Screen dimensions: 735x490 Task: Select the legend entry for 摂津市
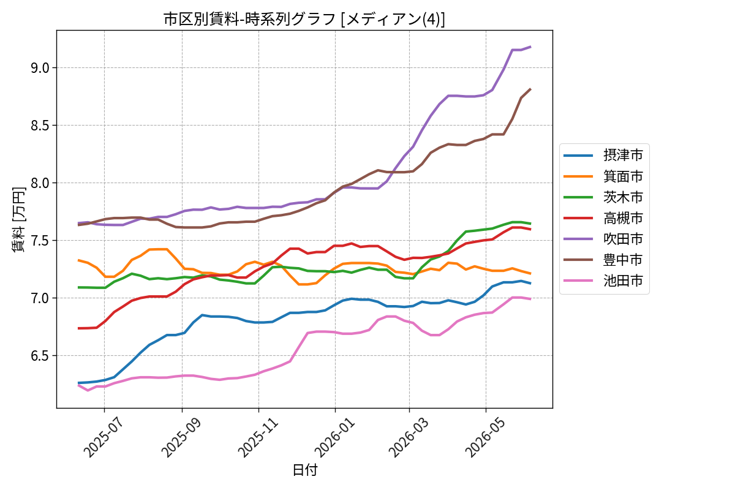tap(604, 155)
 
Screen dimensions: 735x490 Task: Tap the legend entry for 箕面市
tap(604, 176)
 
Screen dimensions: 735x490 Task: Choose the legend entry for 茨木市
tap(604, 197)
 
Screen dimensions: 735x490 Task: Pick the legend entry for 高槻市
tap(604, 218)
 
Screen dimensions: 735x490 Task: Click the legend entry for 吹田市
tap(604, 239)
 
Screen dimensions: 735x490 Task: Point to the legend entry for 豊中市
tap(604, 260)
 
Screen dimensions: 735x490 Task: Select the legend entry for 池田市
tap(604, 281)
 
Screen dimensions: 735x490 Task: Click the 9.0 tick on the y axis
tap(40, 68)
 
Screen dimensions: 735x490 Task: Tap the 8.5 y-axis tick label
tap(40, 126)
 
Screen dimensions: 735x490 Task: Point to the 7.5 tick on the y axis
tap(40, 241)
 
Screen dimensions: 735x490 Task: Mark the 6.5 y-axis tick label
tap(40, 356)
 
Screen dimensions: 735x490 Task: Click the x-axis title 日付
tap(305, 470)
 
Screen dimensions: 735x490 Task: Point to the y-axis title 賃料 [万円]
tap(18, 219)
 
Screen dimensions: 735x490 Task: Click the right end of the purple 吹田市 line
tap(530, 47)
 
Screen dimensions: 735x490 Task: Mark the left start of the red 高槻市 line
tap(78, 328)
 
